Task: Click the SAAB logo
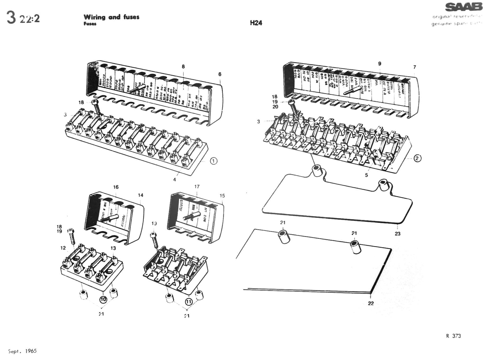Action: (463, 7)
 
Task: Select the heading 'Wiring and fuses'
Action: (111, 17)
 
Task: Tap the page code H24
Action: (256, 23)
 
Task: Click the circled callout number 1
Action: (213, 161)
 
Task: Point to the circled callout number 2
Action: (417, 158)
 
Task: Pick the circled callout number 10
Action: (103, 299)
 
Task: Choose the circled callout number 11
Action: (188, 302)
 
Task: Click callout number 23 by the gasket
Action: (398, 234)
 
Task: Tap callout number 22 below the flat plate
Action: (371, 303)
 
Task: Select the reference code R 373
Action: (453, 336)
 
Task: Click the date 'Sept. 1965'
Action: (22, 351)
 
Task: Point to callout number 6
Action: (220, 74)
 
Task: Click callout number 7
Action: (414, 67)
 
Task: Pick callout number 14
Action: (141, 195)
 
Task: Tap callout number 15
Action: (222, 196)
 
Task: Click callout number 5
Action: (366, 175)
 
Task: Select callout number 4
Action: (175, 180)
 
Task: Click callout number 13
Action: (113, 248)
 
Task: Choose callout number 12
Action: (63, 248)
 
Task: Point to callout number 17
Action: (197, 187)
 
